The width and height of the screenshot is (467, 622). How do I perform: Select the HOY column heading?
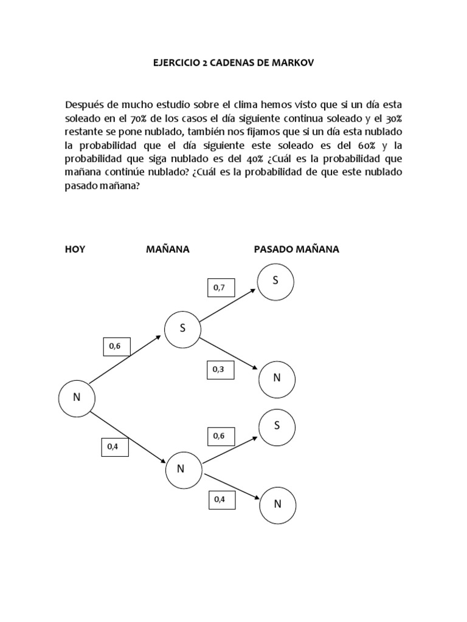(x=75, y=249)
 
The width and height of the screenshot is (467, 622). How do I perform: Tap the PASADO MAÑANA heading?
(x=296, y=249)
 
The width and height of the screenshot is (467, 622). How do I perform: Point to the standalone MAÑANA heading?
(x=168, y=249)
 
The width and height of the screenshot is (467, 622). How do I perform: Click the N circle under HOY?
(x=77, y=397)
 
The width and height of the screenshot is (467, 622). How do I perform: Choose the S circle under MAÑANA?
(x=182, y=329)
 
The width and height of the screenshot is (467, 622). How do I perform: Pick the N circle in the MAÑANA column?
(x=181, y=468)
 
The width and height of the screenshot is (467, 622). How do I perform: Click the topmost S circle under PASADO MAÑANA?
(x=276, y=281)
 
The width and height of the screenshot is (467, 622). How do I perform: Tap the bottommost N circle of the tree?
(x=277, y=504)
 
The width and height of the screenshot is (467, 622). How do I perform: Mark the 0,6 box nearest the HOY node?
(x=115, y=346)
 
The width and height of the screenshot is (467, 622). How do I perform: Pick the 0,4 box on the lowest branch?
(x=220, y=499)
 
